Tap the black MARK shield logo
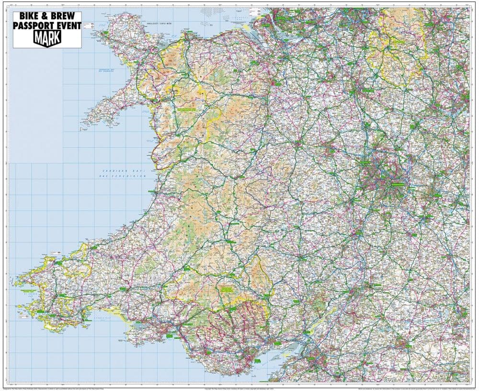[x=47, y=38]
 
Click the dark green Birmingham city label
[x=387, y=183]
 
